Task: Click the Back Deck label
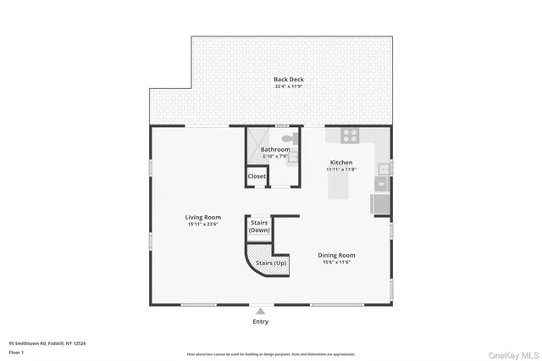[288, 80]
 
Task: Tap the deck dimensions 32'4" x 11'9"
[288, 86]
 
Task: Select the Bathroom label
[274, 150]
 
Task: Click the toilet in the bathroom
[287, 136]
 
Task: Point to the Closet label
[256, 176]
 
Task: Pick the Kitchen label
[340, 162]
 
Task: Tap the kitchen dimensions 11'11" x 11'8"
[340, 169]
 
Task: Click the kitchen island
[340, 189]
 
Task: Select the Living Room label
[202, 218]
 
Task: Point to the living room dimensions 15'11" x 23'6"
[202, 225]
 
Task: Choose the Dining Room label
[336, 255]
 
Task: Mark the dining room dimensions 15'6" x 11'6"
[336, 262]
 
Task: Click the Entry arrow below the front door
[260, 311]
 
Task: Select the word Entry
[260, 321]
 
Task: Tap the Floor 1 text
[17, 351]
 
